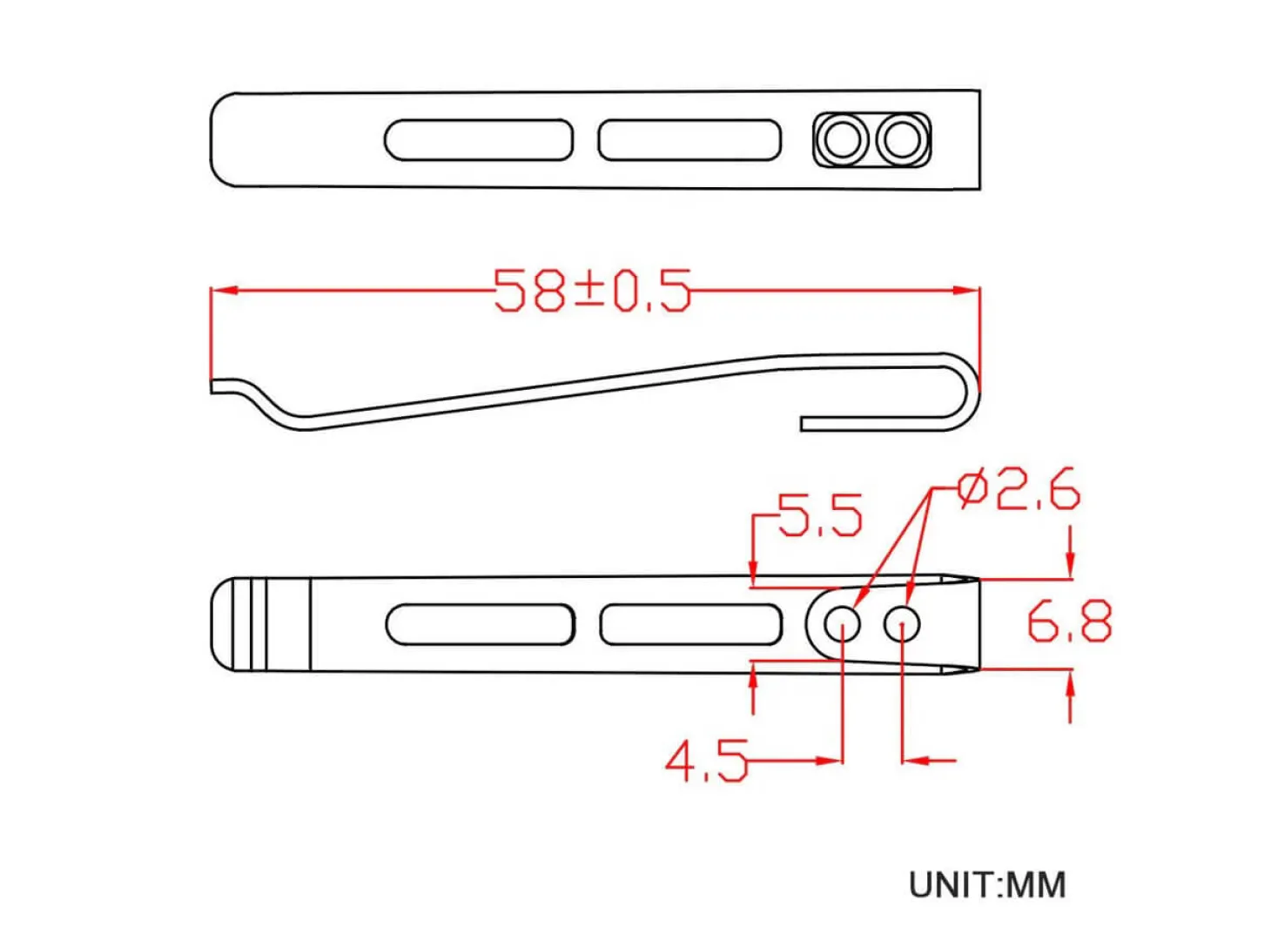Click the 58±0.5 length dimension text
[592, 291]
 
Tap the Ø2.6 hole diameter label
[1018, 490]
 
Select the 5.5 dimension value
[819, 515]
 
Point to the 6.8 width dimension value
[1069, 621]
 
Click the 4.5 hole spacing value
[706, 762]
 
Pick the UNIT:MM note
[986, 885]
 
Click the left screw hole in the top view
[843, 140]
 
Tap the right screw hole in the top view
[901, 140]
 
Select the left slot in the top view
[478, 140]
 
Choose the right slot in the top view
[689, 140]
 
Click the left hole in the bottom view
[842, 624]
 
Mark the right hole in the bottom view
[902, 624]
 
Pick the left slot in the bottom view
[480, 624]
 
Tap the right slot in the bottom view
[690, 624]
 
